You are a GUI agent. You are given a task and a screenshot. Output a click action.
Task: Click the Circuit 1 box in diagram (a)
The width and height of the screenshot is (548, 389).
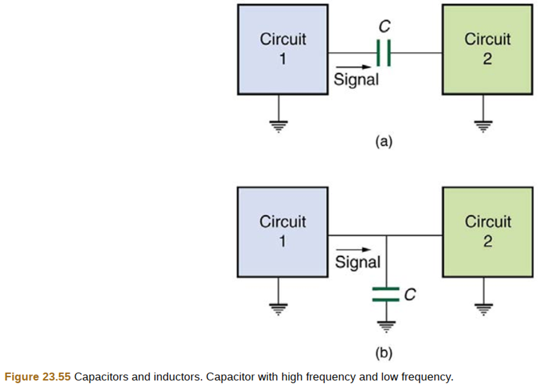283,49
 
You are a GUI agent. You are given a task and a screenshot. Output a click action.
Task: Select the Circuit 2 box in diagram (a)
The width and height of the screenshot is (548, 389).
487,49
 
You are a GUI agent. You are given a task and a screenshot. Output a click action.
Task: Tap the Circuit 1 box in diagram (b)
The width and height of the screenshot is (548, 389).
283,232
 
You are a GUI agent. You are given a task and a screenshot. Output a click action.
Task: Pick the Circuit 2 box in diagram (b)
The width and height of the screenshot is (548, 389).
487,232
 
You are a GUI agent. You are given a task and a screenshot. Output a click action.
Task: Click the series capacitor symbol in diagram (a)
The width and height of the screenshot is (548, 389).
384,53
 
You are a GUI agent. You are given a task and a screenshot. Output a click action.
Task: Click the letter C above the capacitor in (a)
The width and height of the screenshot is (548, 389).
384,26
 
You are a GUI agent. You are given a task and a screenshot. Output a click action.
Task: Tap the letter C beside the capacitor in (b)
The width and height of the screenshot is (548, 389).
409,294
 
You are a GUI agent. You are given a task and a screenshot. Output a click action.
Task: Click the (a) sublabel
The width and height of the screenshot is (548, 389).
383,141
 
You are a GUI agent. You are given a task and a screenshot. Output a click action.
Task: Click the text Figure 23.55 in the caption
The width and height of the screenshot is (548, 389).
37,377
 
